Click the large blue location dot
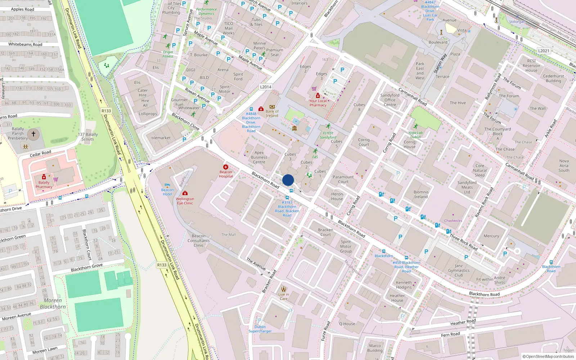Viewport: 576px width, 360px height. point(288,180)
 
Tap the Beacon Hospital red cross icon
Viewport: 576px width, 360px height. point(226,167)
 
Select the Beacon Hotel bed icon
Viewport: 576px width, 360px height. point(167,185)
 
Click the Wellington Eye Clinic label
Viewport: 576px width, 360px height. point(185,201)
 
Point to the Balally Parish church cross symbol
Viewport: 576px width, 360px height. point(33,134)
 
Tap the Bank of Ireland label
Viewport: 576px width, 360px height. point(272,113)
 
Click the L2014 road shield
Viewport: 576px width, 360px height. point(266,87)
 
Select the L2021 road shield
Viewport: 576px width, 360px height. point(544,51)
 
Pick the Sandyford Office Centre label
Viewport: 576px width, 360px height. point(390,100)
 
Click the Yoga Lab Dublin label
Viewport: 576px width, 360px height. point(415,135)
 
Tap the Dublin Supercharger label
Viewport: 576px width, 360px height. point(260,329)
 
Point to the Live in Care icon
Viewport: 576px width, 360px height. point(284,289)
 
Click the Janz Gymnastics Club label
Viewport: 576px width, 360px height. point(459,270)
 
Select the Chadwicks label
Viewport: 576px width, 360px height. point(453,221)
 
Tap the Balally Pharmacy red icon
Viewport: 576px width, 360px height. point(44,177)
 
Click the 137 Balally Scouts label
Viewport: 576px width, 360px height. point(88,136)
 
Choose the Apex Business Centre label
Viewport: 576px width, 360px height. point(259,157)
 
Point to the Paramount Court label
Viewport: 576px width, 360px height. point(343,179)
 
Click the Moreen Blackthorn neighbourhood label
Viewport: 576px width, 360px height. point(53,303)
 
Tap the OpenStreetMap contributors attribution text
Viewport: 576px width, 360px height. point(548,356)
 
